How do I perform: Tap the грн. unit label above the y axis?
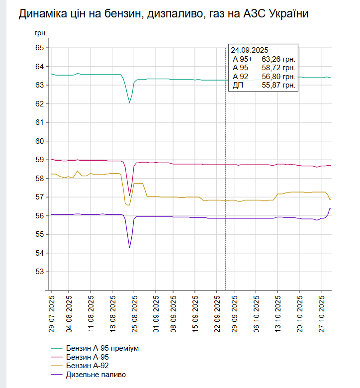tap(41, 33)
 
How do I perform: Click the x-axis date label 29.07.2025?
tap(51, 313)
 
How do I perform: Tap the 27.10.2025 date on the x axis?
tap(321, 313)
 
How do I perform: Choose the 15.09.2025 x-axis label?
tap(195, 313)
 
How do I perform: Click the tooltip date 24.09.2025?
tap(250, 50)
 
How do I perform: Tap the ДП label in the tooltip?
tap(238, 86)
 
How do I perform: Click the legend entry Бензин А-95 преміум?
tap(102, 348)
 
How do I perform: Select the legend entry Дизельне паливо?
tap(96, 375)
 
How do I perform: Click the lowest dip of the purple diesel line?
tap(129, 248)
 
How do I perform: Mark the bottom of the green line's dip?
tap(129, 103)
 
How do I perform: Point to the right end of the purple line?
tap(331, 208)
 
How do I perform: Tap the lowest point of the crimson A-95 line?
tap(129, 195)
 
